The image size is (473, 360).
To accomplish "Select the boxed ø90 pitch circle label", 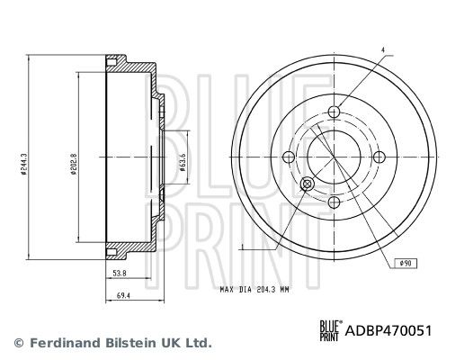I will [x=406, y=263].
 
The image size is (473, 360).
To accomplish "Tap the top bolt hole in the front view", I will [x=335, y=112].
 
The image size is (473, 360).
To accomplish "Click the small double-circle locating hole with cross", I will [x=308, y=184].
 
